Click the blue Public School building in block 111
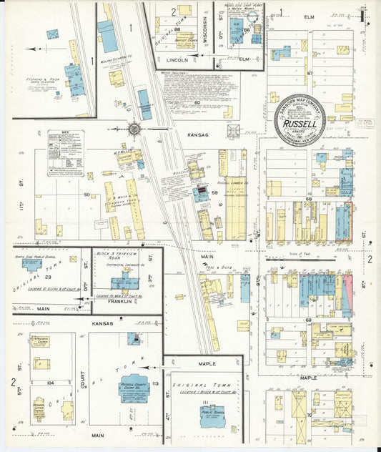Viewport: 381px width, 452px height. click(x=212, y=416)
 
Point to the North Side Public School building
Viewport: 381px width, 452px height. click(x=32, y=265)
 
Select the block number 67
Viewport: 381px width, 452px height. click(x=310, y=74)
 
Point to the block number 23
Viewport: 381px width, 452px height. click(x=48, y=276)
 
